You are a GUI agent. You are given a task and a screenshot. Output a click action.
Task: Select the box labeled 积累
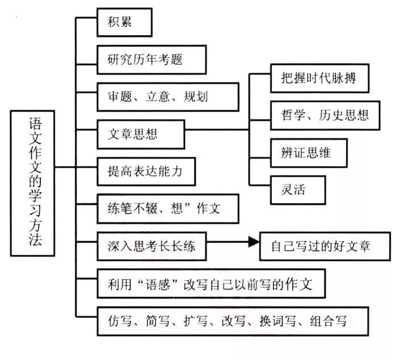[x=125, y=22]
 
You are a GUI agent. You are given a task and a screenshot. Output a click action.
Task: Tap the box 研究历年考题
[x=151, y=59]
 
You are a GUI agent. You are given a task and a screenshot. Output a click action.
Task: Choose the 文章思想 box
[x=140, y=134]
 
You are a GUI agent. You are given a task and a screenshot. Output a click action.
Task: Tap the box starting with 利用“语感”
[x=210, y=284]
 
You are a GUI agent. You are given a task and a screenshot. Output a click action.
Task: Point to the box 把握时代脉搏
[x=318, y=77]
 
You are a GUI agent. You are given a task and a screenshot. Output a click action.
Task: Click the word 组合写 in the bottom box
[x=328, y=322]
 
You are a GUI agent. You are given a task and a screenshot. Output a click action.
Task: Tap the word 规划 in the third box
[x=196, y=96]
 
